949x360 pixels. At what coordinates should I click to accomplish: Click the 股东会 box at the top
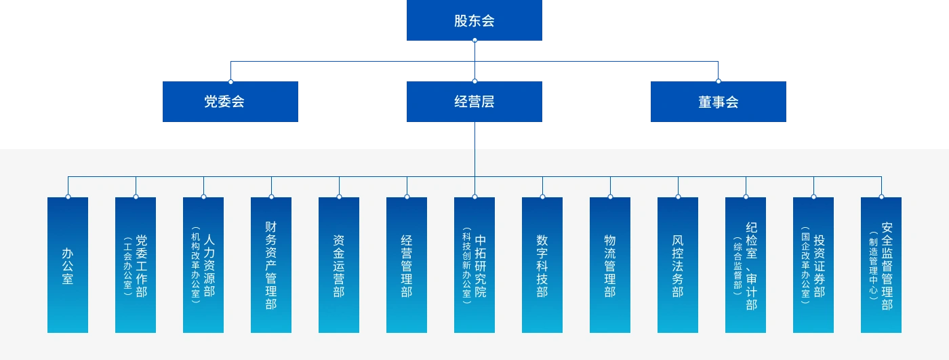coord(474,21)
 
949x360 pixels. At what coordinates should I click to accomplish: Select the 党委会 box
coord(230,102)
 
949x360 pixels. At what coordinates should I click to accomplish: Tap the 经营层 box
coord(474,102)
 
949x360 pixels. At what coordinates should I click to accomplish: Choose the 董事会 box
coord(719,102)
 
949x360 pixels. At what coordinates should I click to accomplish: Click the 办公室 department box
coord(68,265)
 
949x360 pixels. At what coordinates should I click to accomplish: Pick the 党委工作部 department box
coord(136,265)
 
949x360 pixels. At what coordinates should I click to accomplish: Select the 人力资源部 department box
coord(203,265)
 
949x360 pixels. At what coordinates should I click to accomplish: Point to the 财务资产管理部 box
coord(271,265)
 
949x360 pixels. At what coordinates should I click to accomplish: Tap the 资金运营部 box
coord(339,265)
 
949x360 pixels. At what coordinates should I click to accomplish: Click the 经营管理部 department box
coord(407,265)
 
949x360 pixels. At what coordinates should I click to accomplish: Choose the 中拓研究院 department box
coord(474,265)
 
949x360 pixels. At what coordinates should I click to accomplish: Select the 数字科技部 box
coord(542,265)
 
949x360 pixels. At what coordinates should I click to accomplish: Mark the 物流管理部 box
coord(610,265)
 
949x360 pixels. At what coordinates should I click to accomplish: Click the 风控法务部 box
coord(678,265)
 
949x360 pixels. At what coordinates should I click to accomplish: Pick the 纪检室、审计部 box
coord(746,265)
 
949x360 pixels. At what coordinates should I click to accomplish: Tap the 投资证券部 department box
coord(813,265)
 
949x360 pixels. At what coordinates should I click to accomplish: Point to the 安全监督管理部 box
coord(881,265)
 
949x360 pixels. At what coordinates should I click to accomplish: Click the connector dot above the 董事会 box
coord(719,81)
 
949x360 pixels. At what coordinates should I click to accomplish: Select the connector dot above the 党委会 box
coord(230,81)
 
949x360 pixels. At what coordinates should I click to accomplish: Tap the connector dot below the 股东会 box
coord(474,41)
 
